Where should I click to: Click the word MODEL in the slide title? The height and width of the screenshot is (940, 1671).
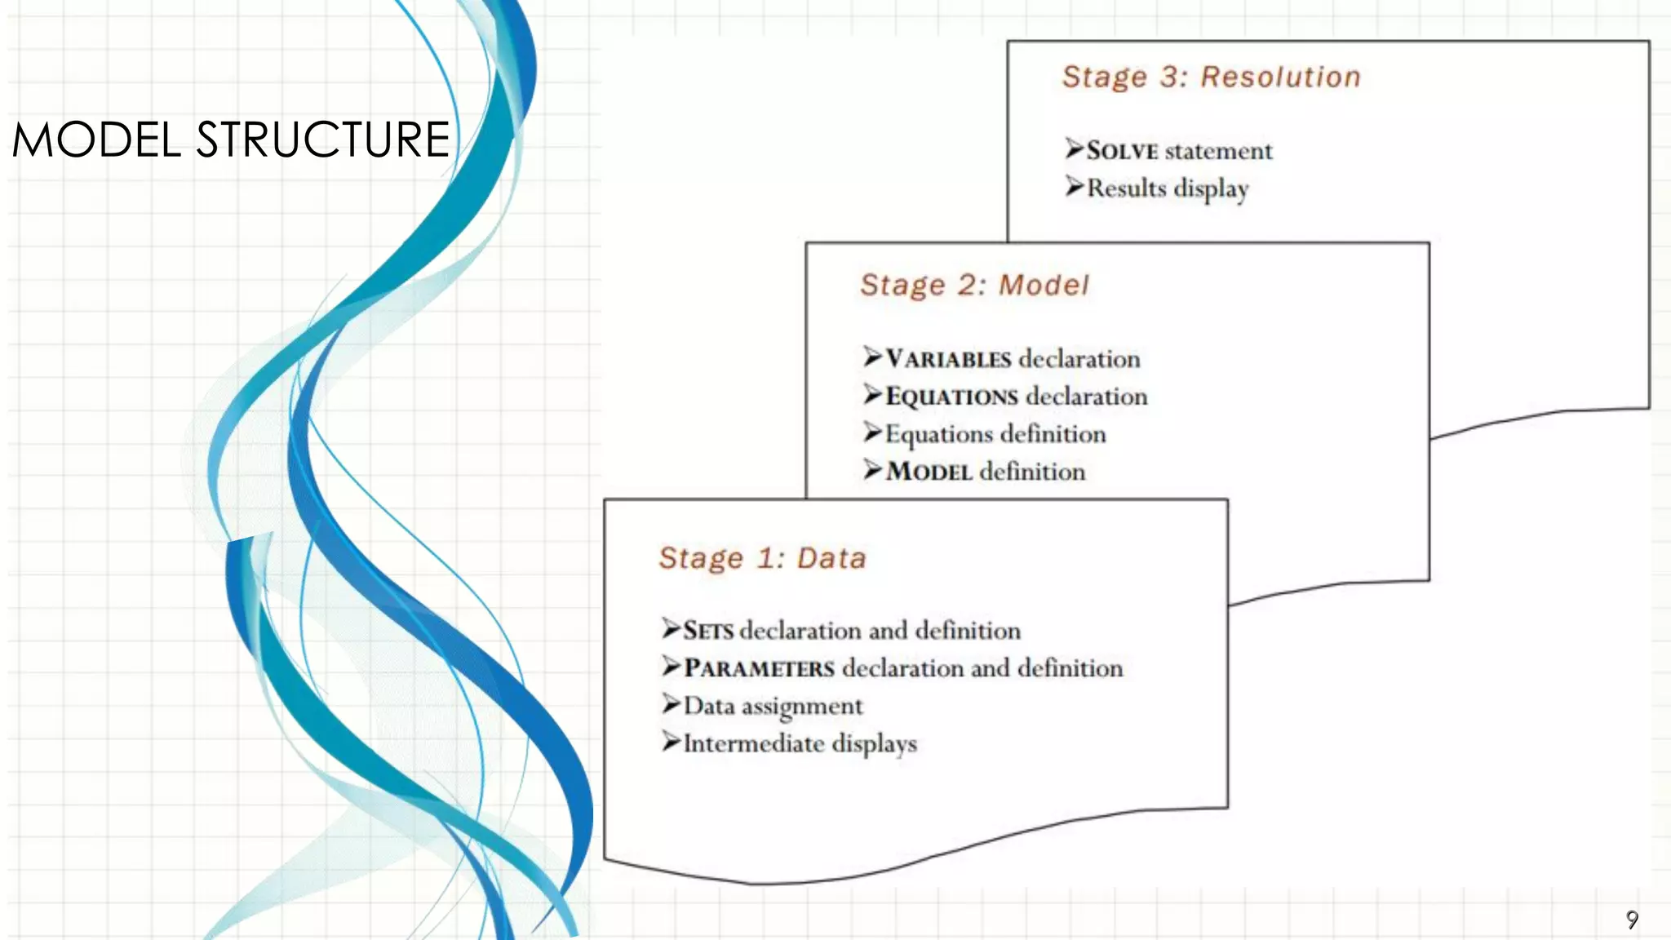96,140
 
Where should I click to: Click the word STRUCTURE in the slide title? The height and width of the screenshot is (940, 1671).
323,140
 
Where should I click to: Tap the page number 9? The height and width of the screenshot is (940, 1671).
1632,920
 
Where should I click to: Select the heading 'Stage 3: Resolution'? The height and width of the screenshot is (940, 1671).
1211,77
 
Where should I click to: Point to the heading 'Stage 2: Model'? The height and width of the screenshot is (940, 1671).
974,285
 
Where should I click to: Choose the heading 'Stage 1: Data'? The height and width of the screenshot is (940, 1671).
762,558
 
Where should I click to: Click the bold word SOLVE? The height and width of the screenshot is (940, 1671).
1122,151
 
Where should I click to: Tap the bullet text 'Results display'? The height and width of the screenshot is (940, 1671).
1168,188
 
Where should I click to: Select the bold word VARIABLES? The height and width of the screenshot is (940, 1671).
948,359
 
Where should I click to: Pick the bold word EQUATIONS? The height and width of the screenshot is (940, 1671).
951,397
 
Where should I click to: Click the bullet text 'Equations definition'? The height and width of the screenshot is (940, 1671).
995,434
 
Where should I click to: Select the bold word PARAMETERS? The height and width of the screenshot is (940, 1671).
759,668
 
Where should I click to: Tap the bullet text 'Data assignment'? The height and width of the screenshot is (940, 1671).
773,706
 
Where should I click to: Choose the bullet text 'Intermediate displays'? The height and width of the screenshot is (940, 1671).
800,743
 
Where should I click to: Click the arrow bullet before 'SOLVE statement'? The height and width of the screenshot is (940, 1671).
1075,149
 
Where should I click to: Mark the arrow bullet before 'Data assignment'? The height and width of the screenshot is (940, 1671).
671,704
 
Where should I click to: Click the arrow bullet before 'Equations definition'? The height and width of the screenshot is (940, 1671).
873,432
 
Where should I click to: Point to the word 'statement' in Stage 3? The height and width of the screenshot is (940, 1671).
1219,151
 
